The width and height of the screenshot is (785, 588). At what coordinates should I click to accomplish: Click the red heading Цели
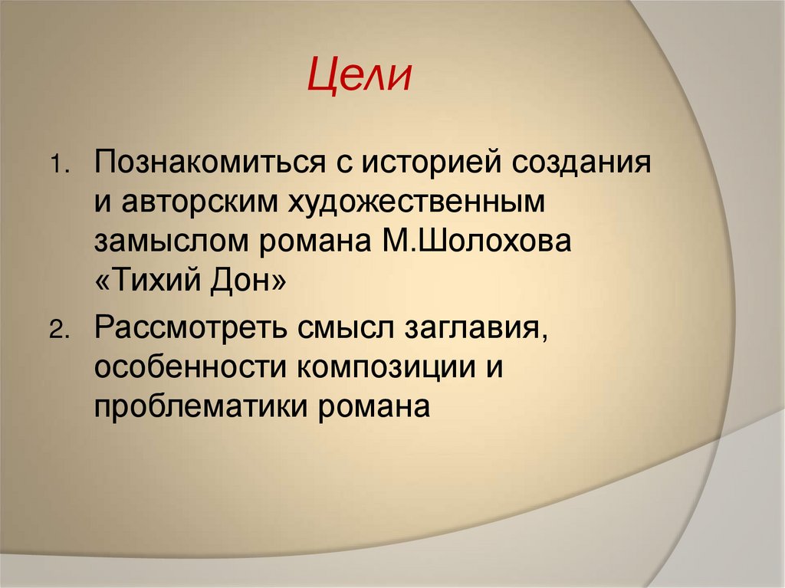click(360, 77)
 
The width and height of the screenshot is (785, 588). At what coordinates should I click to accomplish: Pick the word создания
click(586, 163)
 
